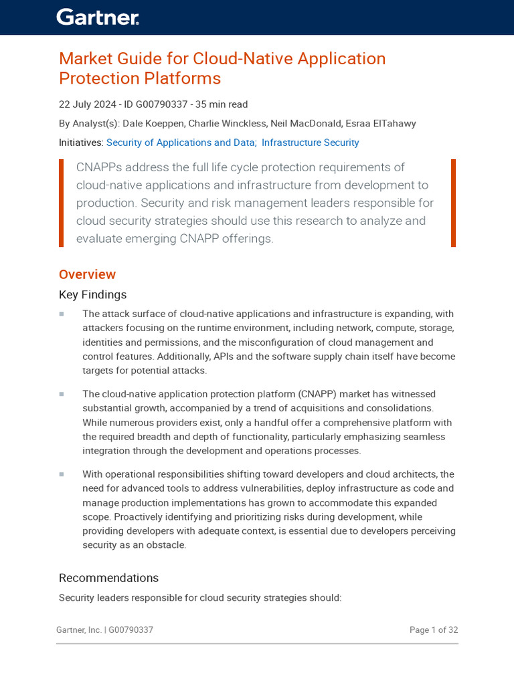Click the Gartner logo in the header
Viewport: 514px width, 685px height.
[x=98, y=17]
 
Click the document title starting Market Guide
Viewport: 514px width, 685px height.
[x=222, y=68]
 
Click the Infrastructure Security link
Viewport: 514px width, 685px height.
[x=310, y=142]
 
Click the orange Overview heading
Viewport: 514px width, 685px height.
[x=87, y=274]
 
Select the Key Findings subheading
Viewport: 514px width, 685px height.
[x=92, y=295]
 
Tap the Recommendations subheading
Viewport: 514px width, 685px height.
[x=108, y=578]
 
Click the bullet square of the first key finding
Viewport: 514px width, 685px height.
[x=62, y=314]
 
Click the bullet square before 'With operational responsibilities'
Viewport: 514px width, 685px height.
[x=62, y=474]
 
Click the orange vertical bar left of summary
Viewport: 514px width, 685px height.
[x=62, y=203]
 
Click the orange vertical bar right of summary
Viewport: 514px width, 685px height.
[x=453, y=203]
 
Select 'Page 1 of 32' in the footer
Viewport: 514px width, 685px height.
[x=433, y=630]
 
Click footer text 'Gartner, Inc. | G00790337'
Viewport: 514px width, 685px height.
[x=104, y=630]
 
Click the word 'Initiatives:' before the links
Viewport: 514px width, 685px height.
[x=81, y=142]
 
